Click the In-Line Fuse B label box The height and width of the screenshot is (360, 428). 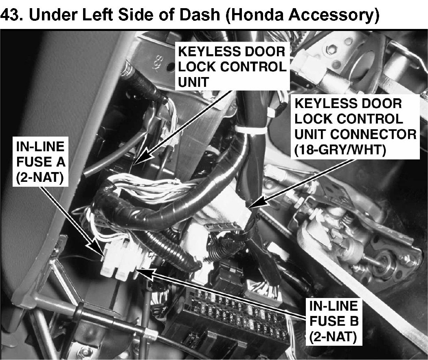(333, 321)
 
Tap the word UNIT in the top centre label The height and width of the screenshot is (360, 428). (193, 82)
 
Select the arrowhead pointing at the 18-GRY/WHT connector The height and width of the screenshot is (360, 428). (257, 203)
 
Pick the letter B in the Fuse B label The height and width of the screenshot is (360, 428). (354, 321)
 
